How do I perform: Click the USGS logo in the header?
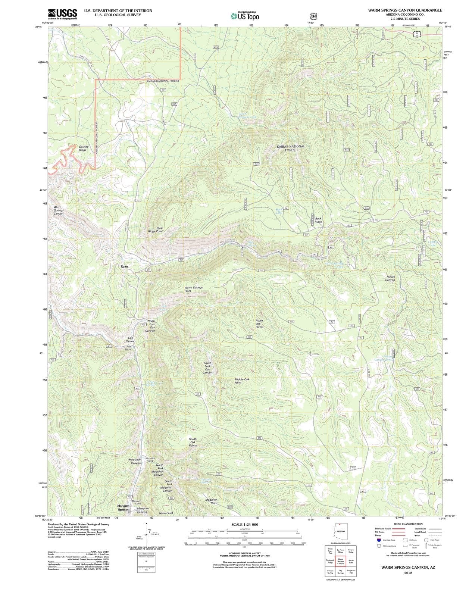(x=62, y=14)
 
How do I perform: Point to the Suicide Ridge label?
(x=83, y=148)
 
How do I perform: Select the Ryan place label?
(x=124, y=266)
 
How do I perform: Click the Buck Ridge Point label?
(x=156, y=229)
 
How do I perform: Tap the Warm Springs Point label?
(x=193, y=289)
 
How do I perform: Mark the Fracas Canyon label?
(x=390, y=278)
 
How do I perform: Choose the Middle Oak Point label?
(x=242, y=381)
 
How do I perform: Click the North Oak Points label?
(x=259, y=323)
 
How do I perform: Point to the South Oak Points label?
(x=193, y=442)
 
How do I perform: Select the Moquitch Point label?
(x=211, y=501)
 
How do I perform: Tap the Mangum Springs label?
(x=123, y=507)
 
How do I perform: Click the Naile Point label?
(x=166, y=513)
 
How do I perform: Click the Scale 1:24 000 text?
(x=244, y=524)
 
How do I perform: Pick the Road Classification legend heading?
(x=408, y=524)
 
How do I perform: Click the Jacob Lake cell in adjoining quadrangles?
(x=351, y=562)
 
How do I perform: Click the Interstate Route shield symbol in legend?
(x=379, y=540)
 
